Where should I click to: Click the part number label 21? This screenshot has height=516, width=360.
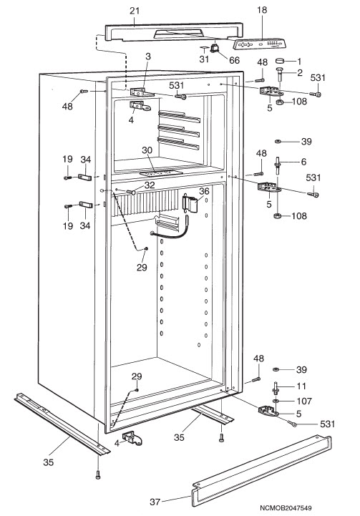(x=135, y=11)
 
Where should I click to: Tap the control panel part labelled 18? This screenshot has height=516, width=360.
(x=259, y=44)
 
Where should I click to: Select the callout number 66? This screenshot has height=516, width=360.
(x=234, y=60)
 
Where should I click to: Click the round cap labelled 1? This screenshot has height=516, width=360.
(x=280, y=62)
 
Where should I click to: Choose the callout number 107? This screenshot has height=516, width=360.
(x=304, y=401)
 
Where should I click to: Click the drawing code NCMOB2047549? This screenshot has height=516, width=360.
(x=286, y=508)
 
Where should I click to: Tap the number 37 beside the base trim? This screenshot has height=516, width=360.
(x=155, y=502)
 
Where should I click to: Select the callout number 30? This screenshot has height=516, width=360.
(x=147, y=150)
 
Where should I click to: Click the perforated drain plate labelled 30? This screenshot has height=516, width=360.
(x=161, y=172)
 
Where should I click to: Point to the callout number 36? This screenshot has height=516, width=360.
(x=204, y=191)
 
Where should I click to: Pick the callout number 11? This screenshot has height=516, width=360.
(x=301, y=386)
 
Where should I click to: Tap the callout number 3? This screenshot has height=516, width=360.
(x=148, y=57)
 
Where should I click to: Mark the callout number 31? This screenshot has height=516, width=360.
(x=204, y=59)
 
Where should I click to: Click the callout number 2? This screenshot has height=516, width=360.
(x=300, y=72)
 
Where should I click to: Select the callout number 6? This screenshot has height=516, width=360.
(x=303, y=162)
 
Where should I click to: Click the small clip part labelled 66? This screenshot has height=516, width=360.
(x=214, y=48)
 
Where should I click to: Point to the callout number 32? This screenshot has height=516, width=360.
(x=150, y=185)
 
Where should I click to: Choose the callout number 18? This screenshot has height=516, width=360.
(x=262, y=10)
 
